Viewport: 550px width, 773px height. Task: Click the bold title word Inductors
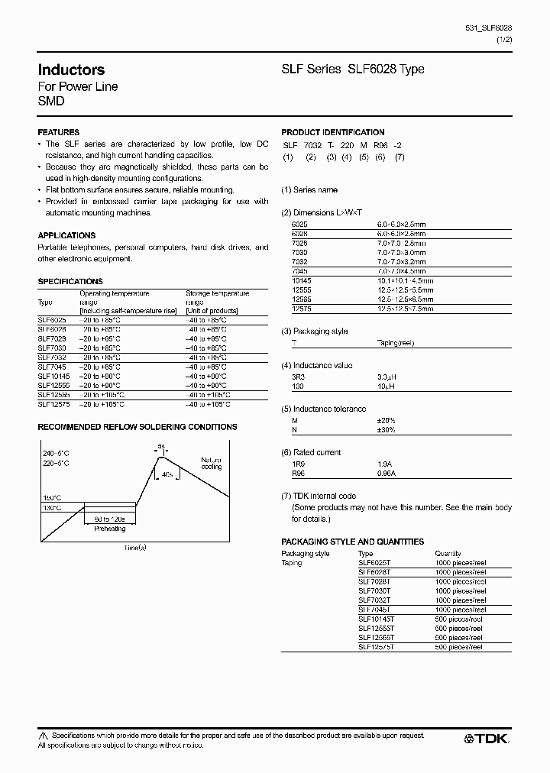click(x=71, y=70)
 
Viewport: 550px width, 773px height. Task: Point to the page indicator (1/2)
click(x=504, y=39)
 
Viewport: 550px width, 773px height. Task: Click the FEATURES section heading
click(x=59, y=132)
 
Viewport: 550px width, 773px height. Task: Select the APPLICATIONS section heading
click(x=66, y=235)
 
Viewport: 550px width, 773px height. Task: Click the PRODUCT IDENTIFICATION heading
click(x=333, y=132)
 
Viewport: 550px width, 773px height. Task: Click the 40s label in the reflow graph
click(x=167, y=474)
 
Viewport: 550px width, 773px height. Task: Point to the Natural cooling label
click(x=212, y=463)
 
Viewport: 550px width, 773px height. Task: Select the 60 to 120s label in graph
click(x=110, y=519)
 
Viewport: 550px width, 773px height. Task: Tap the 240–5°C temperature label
click(x=56, y=453)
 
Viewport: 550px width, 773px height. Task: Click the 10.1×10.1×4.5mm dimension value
click(x=405, y=280)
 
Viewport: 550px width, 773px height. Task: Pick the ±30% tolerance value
click(x=387, y=430)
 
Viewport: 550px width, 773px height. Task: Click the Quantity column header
click(x=448, y=553)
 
